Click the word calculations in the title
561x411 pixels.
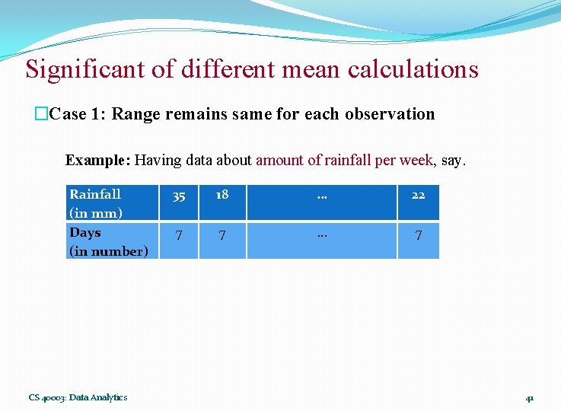413,69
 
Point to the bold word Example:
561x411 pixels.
98,160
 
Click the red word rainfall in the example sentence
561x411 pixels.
347,160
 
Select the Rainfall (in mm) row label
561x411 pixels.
96,202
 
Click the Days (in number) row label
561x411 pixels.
108,241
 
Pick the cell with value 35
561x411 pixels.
178,196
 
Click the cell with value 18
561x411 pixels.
222,195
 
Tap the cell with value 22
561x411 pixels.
418,196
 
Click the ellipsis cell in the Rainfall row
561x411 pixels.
321,196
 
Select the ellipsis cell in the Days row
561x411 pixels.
321,234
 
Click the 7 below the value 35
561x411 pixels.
178,236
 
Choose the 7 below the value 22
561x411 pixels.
418,236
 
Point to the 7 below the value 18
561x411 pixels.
222,236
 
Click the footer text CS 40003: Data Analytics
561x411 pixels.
78,397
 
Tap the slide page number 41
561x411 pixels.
530,398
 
